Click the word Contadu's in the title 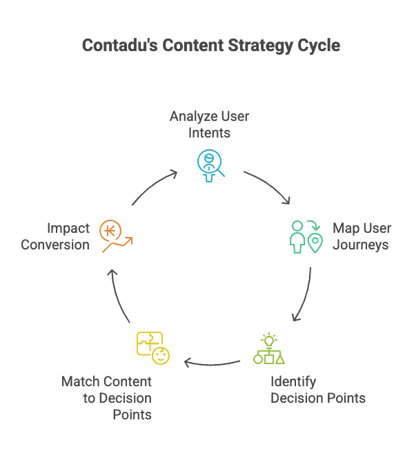[x=120, y=46]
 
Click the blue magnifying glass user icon [x=210, y=166]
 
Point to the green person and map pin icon [x=306, y=237]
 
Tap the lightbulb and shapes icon [x=269, y=348]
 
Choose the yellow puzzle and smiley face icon [x=153, y=348]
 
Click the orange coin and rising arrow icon [x=116, y=236]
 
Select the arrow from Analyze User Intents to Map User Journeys [x=268, y=185]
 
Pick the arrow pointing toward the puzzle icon [x=212, y=364]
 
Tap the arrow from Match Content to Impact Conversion [x=117, y=295]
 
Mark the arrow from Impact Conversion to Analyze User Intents [x=153, y=186]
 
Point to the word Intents [x=209, y=133]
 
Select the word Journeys [x=361, y=245]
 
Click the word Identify [x=293, y=382]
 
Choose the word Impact [x=68, y=229]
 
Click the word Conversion [x=55, y=245]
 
